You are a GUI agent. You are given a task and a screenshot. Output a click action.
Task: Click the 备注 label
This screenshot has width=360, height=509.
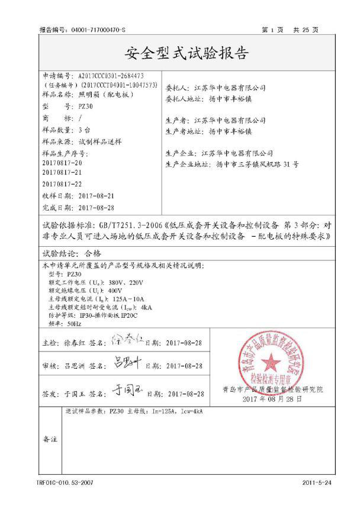pyautogui.click(x=50, y=440)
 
